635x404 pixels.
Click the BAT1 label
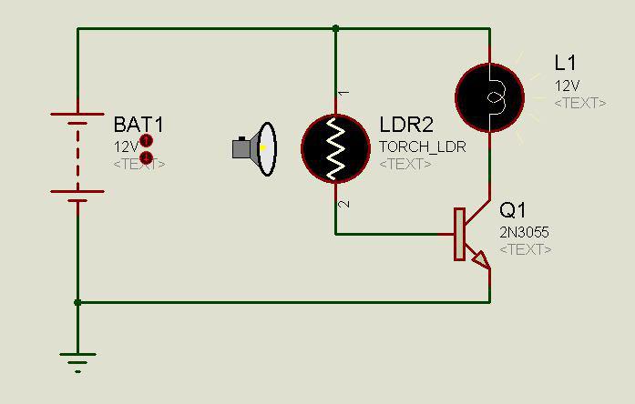tap(138, 125)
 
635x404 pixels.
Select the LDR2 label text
tap(406, 125)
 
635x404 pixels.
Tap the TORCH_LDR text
tap(423, 146)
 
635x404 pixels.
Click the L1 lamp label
tap(565, 63)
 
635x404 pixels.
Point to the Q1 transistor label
tap(513, 210)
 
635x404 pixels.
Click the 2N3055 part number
tap(524, 232)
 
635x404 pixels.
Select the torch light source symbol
tap(254, 149)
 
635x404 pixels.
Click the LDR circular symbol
tap(336, 148)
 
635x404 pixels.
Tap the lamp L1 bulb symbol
tap(490, 98)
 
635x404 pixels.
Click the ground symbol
tap(77, 362)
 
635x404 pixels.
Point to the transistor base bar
tap(460, 234)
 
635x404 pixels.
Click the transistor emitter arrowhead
tap(481, 260)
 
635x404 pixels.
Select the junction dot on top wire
tap(336, 28)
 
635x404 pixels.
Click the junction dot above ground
tap(77, 302)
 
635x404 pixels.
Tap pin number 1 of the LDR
tap(343, 93)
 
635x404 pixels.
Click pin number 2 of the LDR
tap(343, 204)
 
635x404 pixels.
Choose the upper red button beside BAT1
tap(146, 141)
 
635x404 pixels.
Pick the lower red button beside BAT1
tap(146, 157)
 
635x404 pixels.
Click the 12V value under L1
tap(567, 86)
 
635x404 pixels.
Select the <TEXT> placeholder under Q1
tap(526, 249)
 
